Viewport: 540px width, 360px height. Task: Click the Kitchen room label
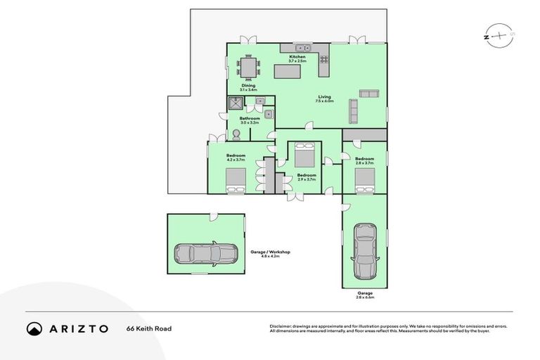[297, 56]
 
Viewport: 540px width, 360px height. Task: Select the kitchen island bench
[289, 71]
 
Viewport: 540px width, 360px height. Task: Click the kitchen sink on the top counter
[299, 48]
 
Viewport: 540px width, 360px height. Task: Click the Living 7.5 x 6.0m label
[323, 99]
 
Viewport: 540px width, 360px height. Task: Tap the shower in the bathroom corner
[234, 104]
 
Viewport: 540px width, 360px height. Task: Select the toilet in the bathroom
[237, 134]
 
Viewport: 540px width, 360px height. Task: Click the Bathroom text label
[250, 119]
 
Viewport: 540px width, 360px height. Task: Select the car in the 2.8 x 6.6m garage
[364, 250]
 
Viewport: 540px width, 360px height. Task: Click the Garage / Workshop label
[270, 252]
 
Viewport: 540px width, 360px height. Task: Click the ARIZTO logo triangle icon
[34, 328]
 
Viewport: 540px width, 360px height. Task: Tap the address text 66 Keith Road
[149, 328]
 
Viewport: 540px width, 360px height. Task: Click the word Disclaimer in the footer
[281, 326]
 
